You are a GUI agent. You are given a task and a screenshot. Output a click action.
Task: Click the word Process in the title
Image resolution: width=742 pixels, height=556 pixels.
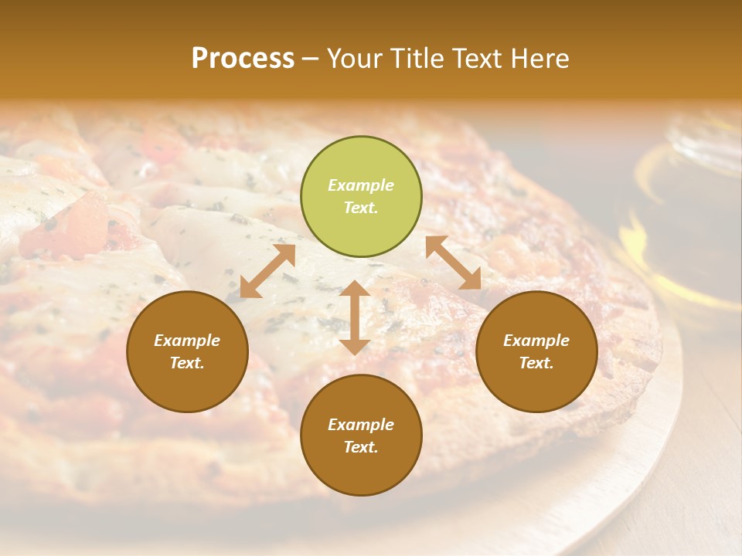pos(243,59)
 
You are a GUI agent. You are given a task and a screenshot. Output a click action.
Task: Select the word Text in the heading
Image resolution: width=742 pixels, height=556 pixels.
pos(475,59)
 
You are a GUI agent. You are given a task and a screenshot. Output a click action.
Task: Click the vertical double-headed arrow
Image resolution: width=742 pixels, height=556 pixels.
pos(355,317)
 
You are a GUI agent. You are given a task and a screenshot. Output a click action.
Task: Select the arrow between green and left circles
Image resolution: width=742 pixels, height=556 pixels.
pos(267,271)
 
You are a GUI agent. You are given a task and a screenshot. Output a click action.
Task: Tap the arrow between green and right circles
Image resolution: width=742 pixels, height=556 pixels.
pos(453,263)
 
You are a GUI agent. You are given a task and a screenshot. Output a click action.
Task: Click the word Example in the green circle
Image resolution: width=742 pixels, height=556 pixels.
pos(361,185)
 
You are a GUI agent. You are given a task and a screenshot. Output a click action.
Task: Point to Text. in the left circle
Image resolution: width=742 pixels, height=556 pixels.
pos(187,363)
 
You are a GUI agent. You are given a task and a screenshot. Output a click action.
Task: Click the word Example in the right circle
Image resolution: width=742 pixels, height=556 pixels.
pos(536,341)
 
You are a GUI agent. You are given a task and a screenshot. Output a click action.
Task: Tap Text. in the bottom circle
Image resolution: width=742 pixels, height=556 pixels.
pos(361,447)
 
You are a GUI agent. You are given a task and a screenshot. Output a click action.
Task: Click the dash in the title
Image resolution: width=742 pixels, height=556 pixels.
pos(310,59)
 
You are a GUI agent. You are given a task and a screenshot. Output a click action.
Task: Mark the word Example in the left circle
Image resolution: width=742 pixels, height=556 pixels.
pos(187,341)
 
